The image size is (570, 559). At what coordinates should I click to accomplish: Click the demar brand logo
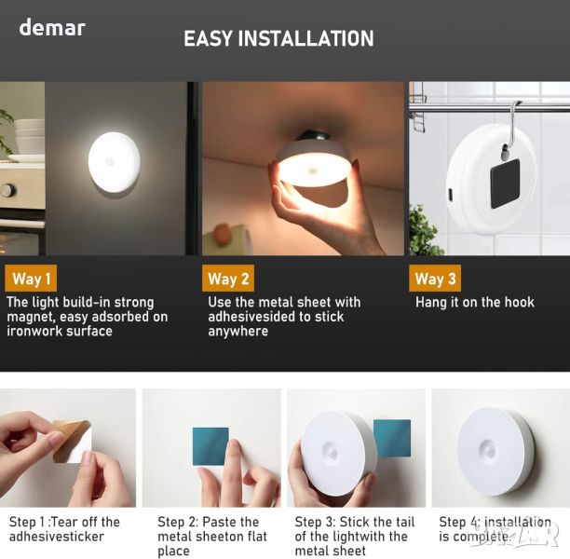(x=52, y=28)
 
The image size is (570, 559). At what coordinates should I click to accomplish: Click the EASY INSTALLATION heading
(x=278, y=38)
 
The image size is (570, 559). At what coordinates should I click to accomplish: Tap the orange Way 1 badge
(x=31, y=279)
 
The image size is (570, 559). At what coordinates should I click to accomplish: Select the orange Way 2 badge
(x=228, y=279)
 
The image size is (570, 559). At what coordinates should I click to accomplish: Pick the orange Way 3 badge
(x=435, y=279)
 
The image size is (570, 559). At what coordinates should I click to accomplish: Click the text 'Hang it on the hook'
(x=475, y=302)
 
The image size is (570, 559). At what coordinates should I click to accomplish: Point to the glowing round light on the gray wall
(x=115, y=162)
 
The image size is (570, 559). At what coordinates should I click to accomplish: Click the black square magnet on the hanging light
(x=505, y=184)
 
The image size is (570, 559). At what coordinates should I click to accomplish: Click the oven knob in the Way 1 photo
(x=7, y=190)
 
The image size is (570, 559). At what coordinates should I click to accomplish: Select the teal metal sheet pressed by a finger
(x=210, y=446)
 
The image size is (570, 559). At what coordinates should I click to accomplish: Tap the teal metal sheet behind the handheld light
(x=393, y=438)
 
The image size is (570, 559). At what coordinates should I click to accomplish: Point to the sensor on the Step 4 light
(x=488, y=451)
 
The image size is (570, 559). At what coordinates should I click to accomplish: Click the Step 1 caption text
(x=64, y=529)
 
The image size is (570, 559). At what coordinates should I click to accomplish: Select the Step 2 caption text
(x=212, y=537)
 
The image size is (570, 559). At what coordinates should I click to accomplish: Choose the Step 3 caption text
(x=355, y=537)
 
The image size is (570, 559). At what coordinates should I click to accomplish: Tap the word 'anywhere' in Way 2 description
(x=238, y=332)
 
